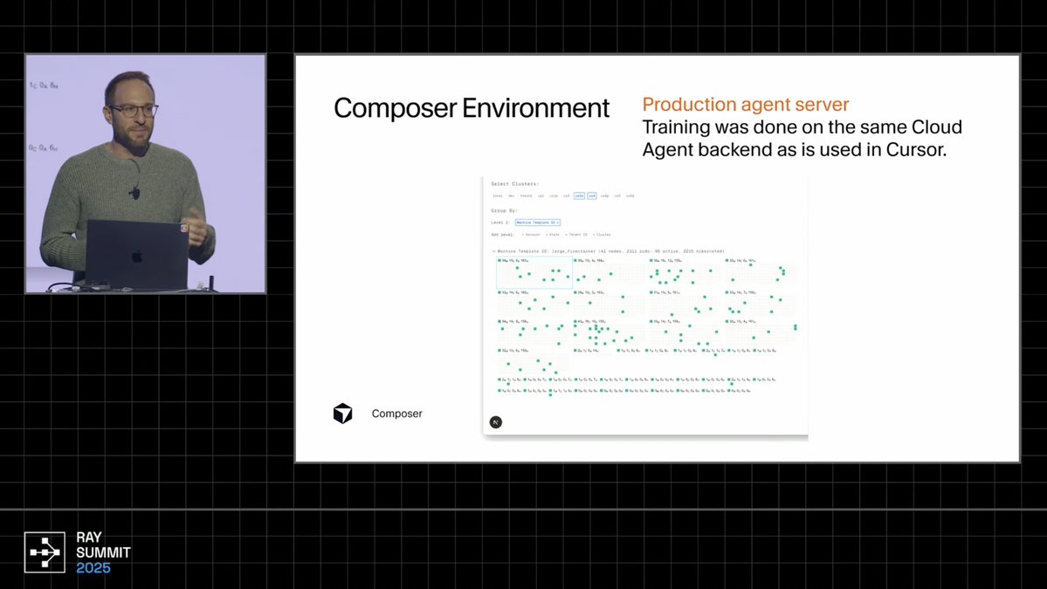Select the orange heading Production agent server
745,105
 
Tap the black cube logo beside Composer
343,414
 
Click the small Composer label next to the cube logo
396,414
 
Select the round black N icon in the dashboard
496,422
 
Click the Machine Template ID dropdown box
537,223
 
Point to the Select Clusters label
514,184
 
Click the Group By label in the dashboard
503,210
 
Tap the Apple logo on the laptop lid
136,257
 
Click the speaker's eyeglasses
133,111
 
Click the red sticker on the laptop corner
184,228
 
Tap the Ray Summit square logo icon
45,551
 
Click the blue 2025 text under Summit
93,568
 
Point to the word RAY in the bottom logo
89,538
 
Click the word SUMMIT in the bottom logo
103,552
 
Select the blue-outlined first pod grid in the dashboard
534,272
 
